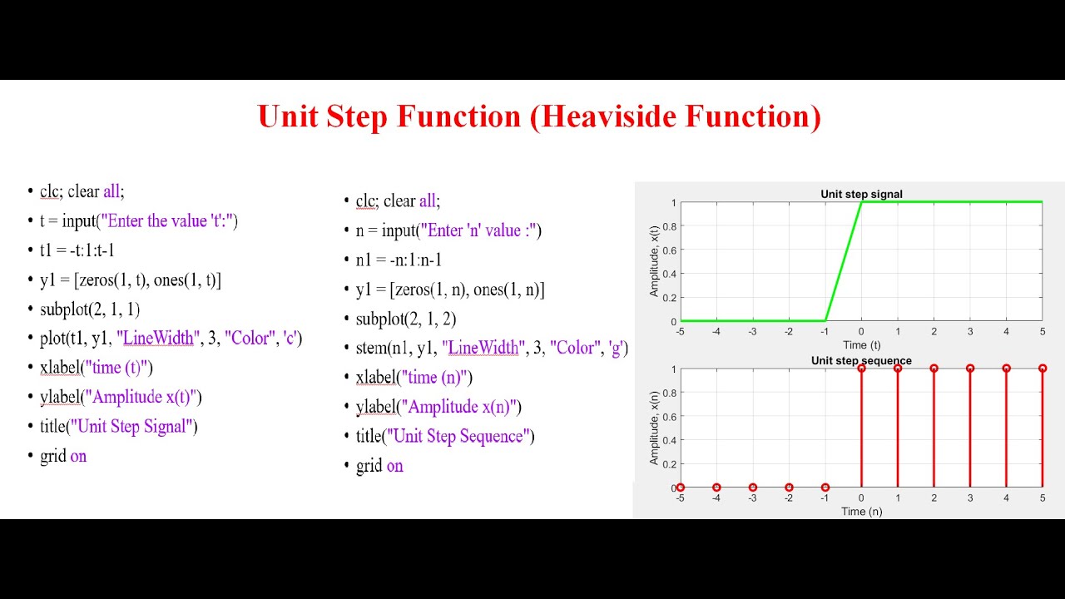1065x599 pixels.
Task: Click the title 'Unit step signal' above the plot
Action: click(x=861, y=195)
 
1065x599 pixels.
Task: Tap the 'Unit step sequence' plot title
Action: click(x=861, y=361)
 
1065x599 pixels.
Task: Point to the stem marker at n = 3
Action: click(x=970, y=369)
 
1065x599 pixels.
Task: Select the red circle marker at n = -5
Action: click(x=681, y=488)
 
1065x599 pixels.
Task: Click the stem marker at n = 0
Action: click(x=861, y=369)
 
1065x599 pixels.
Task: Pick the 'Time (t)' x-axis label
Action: click(x=861, y=344)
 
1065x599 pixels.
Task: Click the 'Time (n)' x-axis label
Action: click(x=861, y=511)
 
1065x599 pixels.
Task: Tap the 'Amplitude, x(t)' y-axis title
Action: click(x=655, y=261)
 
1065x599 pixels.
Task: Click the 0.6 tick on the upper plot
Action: click(x=668, y=250)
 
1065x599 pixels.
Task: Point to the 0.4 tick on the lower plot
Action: click(x=668, y=440)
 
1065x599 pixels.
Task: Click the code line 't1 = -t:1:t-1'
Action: click(x=77, y=250)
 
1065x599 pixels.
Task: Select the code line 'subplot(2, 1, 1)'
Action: click(x=90, y=309)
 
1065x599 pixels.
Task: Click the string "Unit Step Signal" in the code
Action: click(x=134, y=427)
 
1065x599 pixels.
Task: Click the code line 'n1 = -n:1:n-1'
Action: click(x=399, y=260)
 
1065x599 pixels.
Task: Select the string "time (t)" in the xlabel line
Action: click(x=114, y=368)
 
